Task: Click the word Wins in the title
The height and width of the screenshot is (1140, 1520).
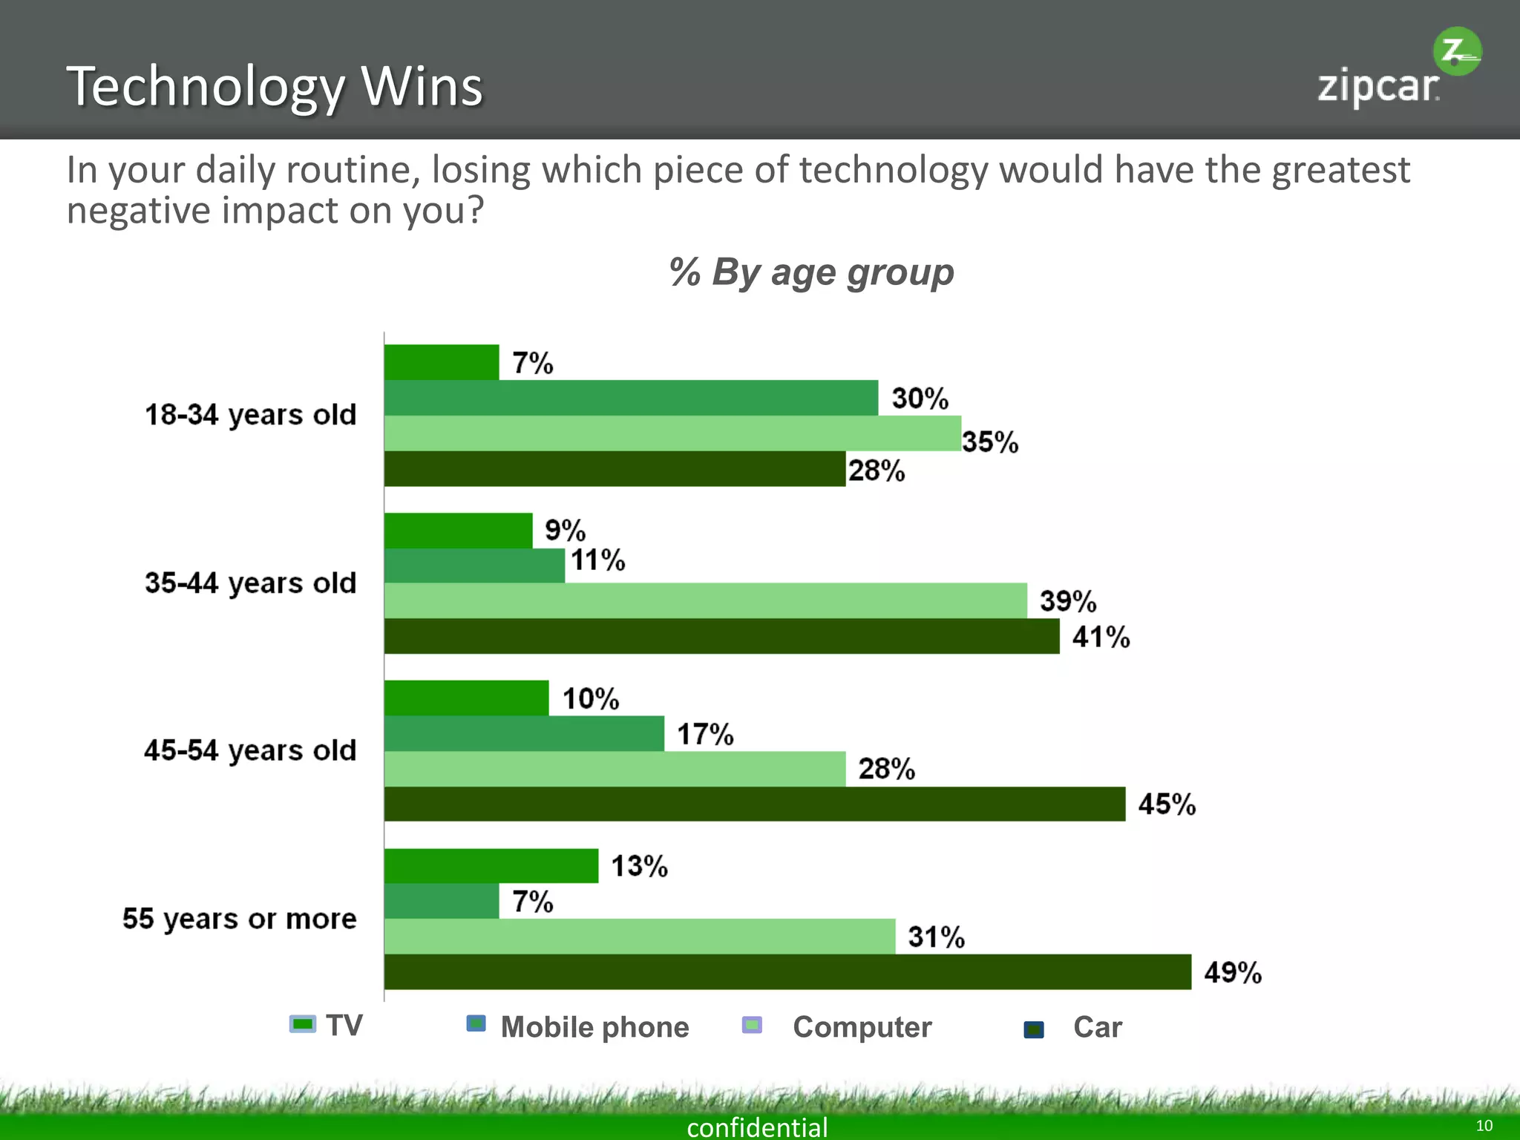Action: (x=422, y=87)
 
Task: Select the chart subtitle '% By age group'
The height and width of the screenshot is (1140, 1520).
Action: (x=810, y=272)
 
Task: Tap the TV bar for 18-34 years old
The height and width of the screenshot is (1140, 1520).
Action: (x=442, y=362)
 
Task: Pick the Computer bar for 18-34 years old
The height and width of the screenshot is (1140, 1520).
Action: (x=672, y=433)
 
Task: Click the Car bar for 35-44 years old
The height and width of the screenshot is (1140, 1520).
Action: (x=721, y=636)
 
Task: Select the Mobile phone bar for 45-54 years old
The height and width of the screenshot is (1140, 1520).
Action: (x=524, y=733)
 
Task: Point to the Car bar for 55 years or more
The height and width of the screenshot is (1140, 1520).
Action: (x=787, y=972)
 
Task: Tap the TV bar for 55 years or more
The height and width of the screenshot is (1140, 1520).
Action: (x=491, y=865)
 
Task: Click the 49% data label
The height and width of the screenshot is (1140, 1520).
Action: (x=1233, y=972)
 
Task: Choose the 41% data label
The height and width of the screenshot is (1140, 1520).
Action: (x=1101, y=637)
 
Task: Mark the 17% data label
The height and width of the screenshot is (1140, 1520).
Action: (x=705, y=734)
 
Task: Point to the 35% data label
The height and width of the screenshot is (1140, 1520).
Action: (x=990, y=442)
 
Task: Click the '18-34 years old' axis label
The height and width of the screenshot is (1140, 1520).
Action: (x=250, y=415)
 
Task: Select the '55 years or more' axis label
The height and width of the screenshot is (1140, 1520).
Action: (x=239, y=919)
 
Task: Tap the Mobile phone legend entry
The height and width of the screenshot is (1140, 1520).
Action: (x=579, y=1027)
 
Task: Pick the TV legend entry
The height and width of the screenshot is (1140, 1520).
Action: (x=327, y=1026)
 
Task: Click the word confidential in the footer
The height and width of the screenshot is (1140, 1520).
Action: (x=757, y=1127)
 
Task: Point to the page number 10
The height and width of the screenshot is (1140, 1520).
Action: (x=1484, y=1125)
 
